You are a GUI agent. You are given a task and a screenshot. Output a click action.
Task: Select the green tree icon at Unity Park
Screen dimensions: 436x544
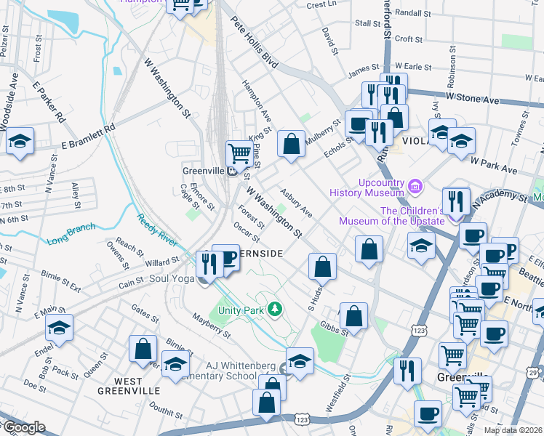coord(274,310)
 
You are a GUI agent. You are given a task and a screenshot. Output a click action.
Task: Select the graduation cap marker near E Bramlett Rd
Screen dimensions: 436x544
coord(20,142)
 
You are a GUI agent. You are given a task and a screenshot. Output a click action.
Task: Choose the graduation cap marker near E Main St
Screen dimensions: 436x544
coord(60,328)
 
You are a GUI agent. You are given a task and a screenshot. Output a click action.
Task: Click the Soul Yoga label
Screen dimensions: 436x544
coord(172,278)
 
